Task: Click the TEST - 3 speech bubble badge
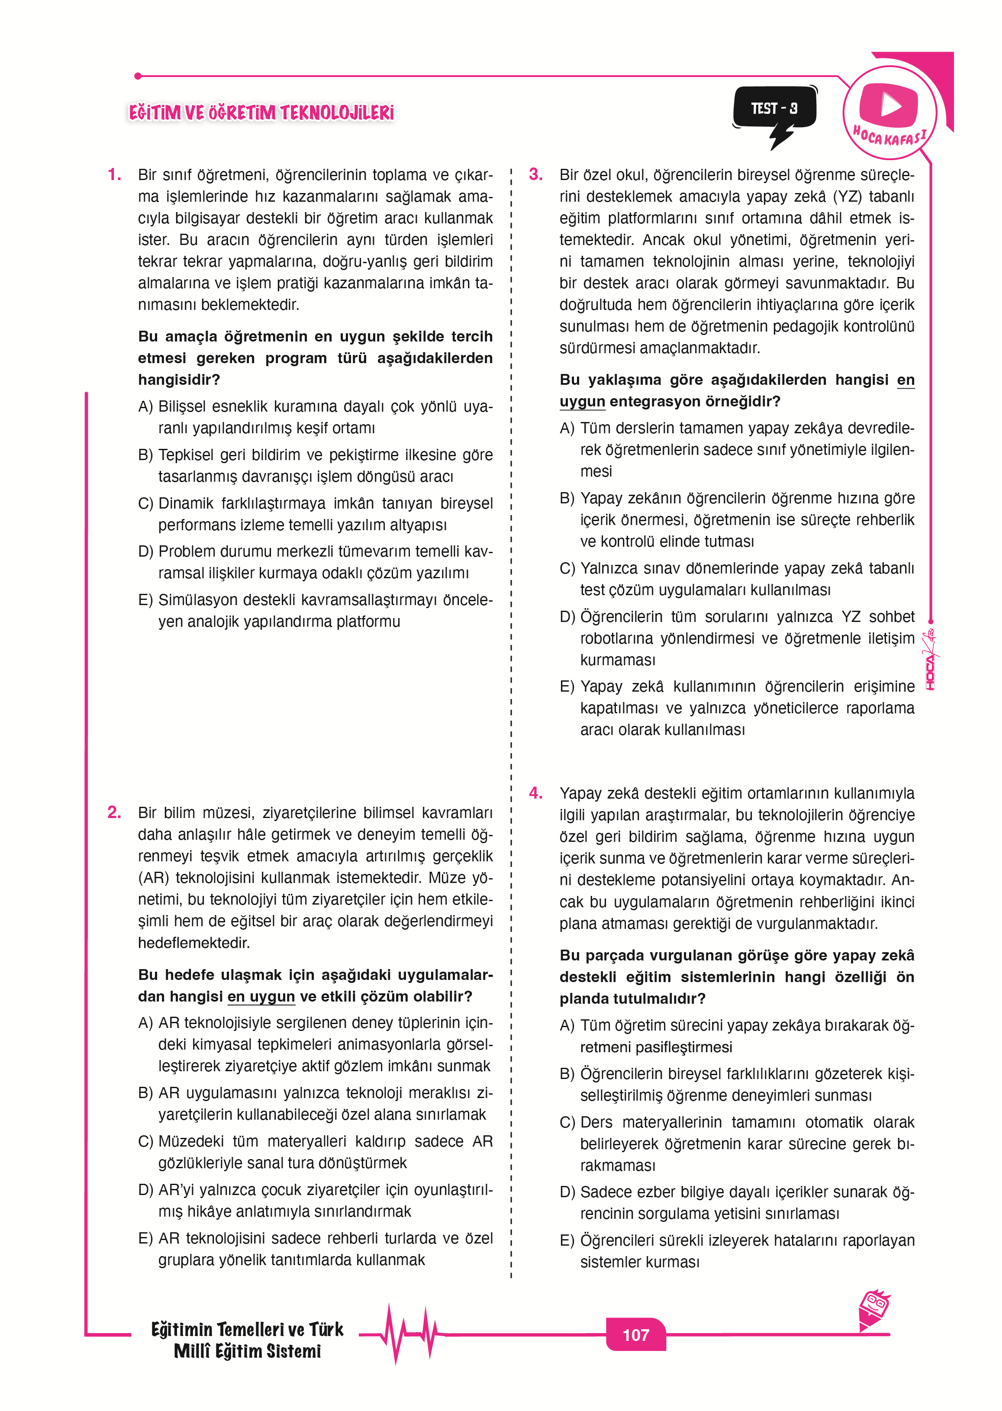(774, 109)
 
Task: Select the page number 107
(635, 1334)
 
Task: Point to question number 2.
(114, 812)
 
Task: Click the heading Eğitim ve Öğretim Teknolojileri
(261, 113)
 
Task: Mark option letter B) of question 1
(145, 455)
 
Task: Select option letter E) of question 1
(145, 600)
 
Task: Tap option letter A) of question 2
(145, 1022)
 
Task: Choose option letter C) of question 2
(145, 1141)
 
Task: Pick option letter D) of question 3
(567, 616)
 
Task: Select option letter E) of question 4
(567, 1240)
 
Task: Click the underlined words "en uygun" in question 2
(261, 996)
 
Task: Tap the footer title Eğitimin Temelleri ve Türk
(247, 1329)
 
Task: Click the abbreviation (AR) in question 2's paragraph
(152, 877)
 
